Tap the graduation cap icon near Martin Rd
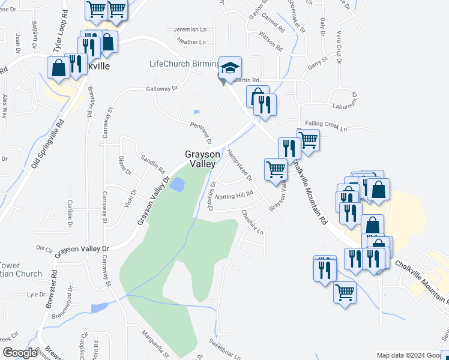[229, 68]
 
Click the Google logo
[19, 353]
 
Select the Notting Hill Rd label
[235, 196]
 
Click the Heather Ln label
[191, 42]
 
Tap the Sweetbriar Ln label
[224, 349]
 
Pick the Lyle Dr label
[36, 295]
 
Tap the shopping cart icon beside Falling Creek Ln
[308, 140]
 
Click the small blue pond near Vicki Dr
[176, 185]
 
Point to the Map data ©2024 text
[400, 355]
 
